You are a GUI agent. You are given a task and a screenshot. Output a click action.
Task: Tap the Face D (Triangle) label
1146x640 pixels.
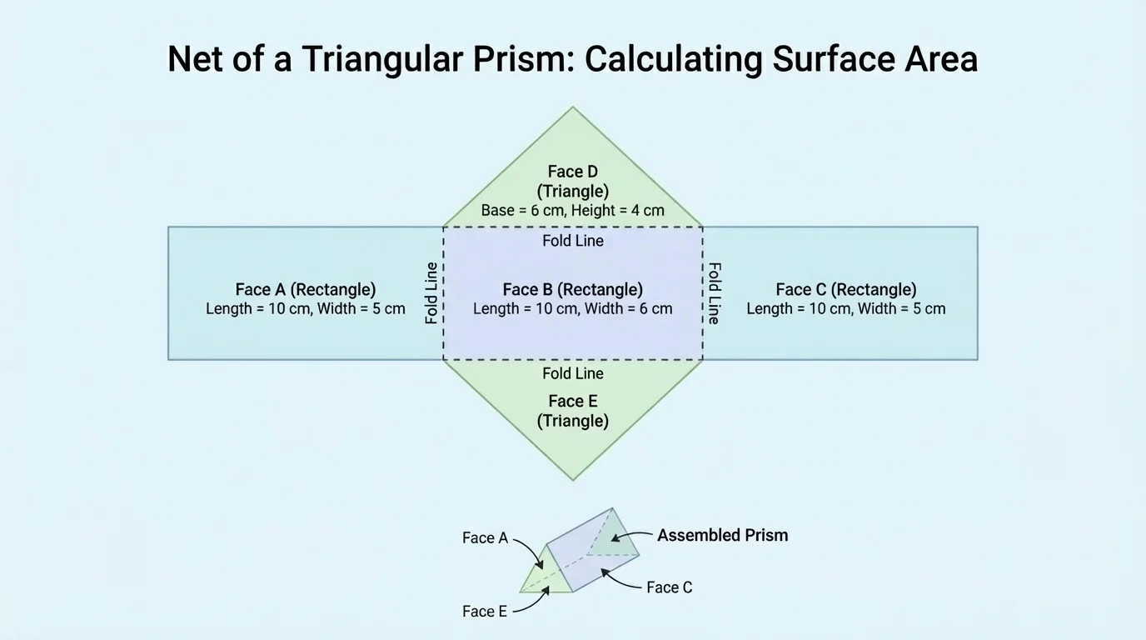[573, 182]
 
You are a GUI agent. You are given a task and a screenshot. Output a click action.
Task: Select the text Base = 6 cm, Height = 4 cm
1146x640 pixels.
[573, 211]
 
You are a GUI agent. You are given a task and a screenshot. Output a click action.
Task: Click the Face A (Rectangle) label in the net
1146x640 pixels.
[306, 289]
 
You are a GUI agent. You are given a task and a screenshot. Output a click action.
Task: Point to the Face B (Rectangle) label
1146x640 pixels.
[573, 289]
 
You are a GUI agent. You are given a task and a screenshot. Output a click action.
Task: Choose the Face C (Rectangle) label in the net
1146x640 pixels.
[846, 289]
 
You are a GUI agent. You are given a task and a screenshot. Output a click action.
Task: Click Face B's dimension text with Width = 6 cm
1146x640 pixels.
[573, 309]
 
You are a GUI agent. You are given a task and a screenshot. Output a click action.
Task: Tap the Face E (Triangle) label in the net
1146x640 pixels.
[573, 411]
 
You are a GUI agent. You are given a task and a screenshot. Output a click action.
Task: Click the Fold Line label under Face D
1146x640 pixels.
[573, 241]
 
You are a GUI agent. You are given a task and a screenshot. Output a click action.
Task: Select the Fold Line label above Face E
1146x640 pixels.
[573, 373]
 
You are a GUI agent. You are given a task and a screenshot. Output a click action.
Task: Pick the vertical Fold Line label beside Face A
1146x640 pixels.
[431, 293]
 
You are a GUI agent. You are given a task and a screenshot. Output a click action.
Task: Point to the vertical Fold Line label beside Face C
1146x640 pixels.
[715, 293]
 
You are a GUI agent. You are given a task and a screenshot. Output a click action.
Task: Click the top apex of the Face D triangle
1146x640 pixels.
[573, 107]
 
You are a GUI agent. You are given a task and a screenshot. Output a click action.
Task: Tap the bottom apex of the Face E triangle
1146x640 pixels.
[573, 480]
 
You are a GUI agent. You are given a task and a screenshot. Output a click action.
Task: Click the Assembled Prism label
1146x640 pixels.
[722, 535]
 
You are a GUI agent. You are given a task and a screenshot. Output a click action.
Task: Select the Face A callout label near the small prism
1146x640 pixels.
[485, 538]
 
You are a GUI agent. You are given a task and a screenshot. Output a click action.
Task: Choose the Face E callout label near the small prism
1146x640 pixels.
[485, 612]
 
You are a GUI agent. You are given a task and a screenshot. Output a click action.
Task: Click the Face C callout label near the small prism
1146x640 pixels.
[669, 587]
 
